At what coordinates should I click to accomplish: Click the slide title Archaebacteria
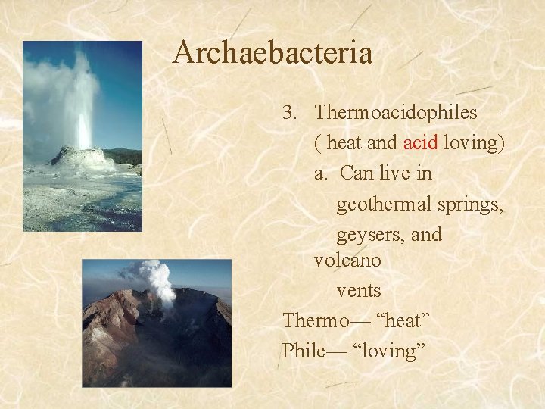tap(272, 53)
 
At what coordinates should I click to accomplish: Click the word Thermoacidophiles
tap(396, 113)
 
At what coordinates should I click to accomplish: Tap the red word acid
tap(420, 143)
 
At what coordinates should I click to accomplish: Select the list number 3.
tap(288, 113)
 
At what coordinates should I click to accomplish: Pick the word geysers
tap(368, 235)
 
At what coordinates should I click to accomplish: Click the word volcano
tap(347, 261)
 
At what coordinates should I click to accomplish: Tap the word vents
tap(359, 291)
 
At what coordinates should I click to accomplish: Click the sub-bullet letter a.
tap(321, 173)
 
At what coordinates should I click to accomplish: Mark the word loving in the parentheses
tap(474, 143)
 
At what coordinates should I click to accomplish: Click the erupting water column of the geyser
tap(82, 106)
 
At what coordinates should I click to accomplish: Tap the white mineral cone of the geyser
tap(82, 158)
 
